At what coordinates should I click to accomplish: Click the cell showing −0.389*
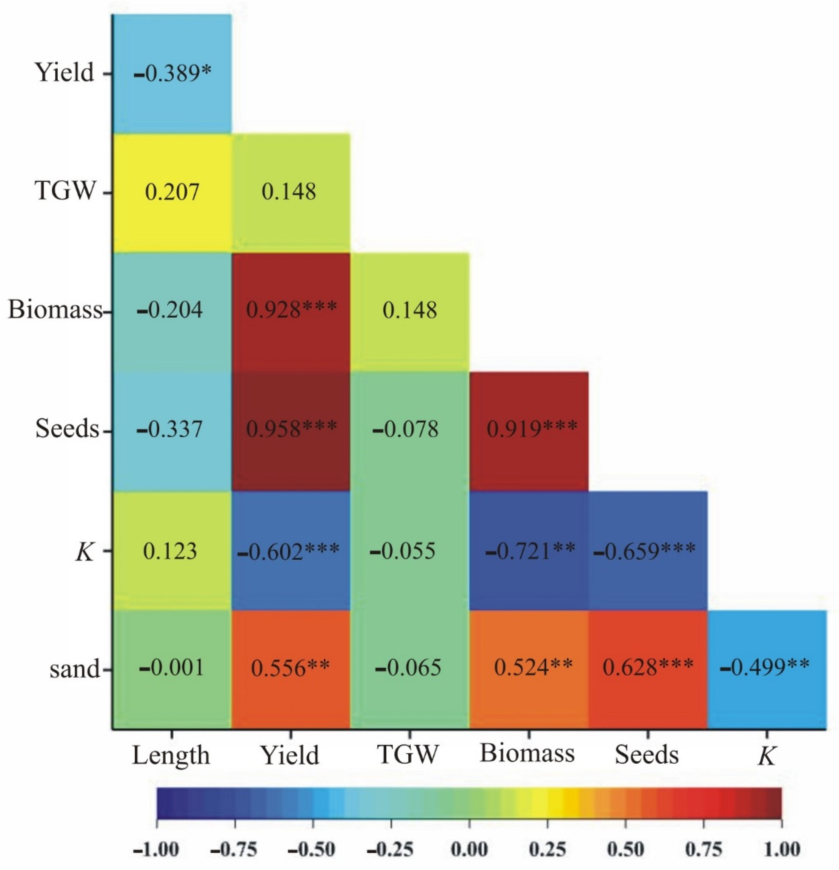pos(172,73)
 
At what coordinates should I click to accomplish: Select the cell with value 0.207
pos(172,192)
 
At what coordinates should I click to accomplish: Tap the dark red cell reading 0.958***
pos(291,431)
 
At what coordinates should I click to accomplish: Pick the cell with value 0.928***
pos(291,311)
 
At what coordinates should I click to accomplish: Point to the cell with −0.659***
pos(647,551)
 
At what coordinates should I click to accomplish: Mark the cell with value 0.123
pos(172,551)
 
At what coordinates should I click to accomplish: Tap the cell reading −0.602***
pos(291,551)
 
